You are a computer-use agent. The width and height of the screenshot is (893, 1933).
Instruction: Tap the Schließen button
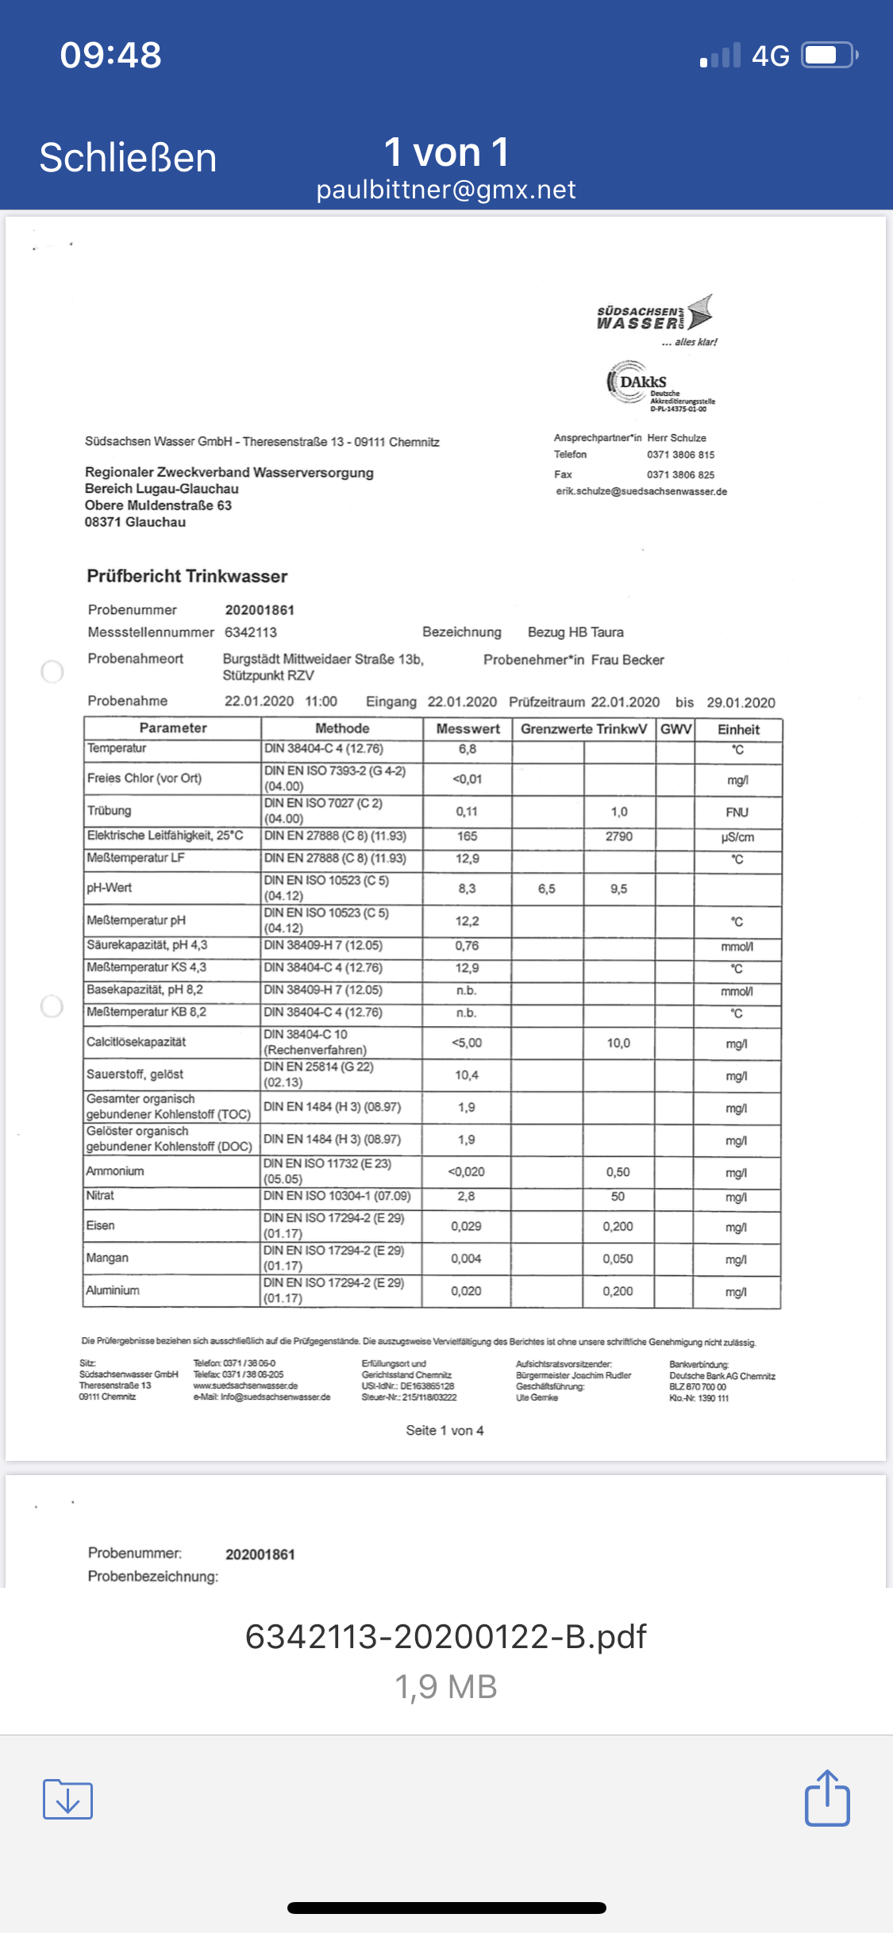coord(128,157)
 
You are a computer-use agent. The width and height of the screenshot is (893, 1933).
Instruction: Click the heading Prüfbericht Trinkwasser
coord(187,576)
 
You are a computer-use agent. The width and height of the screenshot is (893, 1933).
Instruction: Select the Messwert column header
coord(468,728)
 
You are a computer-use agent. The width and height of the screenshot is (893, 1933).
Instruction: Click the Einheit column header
coord(738,729)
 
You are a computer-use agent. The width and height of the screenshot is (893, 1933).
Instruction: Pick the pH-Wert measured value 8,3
coord(467,889)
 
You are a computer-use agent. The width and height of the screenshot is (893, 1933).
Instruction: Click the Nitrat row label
coord(100,1196)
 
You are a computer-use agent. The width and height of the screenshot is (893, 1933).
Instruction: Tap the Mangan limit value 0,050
coord(618,1259)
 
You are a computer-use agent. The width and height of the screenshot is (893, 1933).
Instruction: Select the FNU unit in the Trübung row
coord(737,812)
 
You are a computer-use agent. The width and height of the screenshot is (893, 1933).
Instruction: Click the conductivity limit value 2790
coord(619,836)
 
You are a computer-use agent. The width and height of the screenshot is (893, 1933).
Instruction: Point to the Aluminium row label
coord(113,1290)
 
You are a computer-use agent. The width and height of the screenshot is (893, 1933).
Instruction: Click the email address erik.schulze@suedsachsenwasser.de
coord(641,491)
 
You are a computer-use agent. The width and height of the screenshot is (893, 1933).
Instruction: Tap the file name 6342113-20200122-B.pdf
coord(445,1636)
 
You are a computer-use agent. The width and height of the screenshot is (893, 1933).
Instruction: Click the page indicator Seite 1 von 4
coord(445,1430)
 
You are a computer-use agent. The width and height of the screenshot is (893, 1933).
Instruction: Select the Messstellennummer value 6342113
coord(251,632)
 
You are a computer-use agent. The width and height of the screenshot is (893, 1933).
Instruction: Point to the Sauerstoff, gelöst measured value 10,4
coord(467,1075)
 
